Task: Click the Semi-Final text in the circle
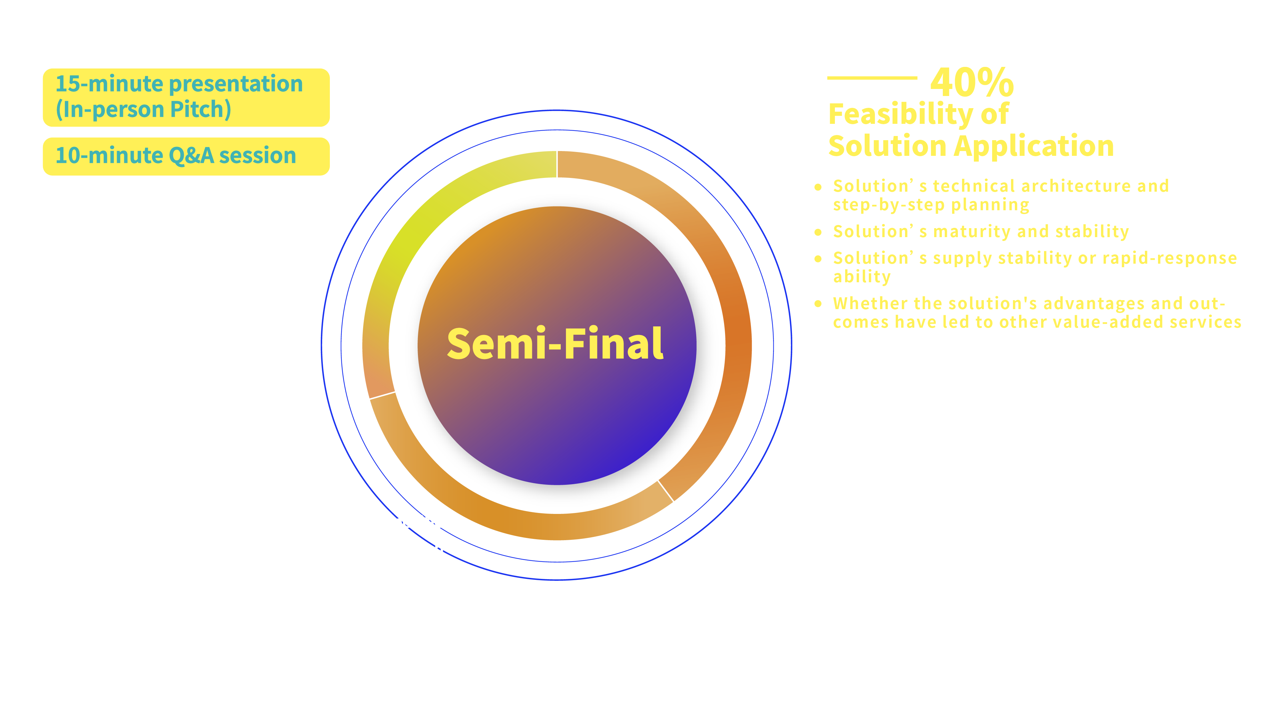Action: click(x=555, y=344)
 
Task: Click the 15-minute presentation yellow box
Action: click(x=186, y=97)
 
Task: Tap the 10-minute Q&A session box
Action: click(x=186, y=156)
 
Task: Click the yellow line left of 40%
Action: click(x=872, y=77)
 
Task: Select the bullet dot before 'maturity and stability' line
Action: click(x=818, y=232)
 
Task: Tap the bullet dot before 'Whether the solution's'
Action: click(x=818, y=304)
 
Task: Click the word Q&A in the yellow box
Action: click(x=192, y=156)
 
